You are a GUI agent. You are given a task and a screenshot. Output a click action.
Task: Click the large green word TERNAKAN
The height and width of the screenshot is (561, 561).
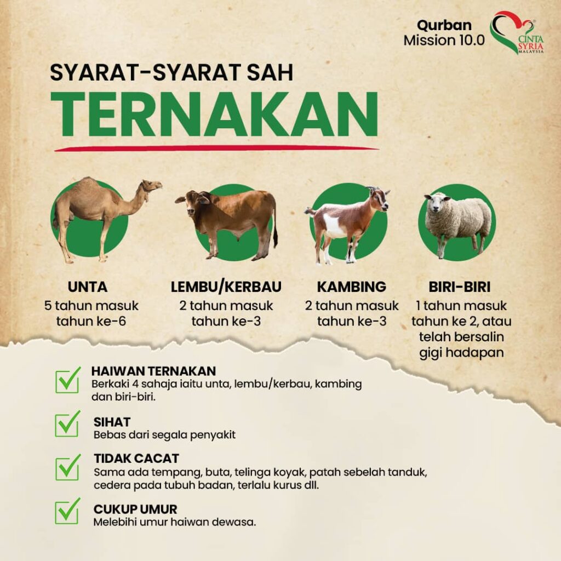tap(214, 115)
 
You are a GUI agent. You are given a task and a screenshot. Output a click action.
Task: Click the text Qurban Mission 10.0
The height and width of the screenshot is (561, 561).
tap(444, 32)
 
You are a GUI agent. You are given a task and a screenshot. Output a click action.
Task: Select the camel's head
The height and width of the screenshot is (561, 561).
tap(151, 186)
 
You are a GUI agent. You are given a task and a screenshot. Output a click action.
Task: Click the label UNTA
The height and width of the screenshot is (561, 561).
tap(87, 287)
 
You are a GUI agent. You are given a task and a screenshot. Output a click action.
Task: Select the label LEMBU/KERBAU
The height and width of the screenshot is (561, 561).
tap(226, 287)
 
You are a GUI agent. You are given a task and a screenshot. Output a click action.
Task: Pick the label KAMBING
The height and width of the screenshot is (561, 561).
tap(352, 287)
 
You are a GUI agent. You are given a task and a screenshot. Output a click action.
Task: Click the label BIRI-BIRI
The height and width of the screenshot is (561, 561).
tap(460, 287)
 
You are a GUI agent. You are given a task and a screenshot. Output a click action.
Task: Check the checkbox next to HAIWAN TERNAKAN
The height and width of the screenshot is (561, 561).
tap(67, 380)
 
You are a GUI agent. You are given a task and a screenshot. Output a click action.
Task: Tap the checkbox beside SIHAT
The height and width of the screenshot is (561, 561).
tap(67, 424)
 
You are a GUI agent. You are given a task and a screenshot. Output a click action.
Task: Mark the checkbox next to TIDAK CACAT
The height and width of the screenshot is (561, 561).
tap(67, 468)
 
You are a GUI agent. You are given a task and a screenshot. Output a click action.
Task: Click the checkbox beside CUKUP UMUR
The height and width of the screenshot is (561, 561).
tap(67, 511)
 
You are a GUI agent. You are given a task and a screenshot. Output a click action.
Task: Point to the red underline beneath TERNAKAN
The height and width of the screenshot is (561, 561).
tap(216, 148)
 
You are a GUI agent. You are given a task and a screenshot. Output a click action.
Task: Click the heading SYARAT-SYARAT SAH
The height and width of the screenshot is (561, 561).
tap(171, 73)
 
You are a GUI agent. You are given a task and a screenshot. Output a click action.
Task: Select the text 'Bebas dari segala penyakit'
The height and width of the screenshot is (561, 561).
tap(164, 435)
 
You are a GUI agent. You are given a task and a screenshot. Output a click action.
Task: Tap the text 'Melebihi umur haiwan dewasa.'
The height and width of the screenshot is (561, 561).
tap(175, 522)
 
